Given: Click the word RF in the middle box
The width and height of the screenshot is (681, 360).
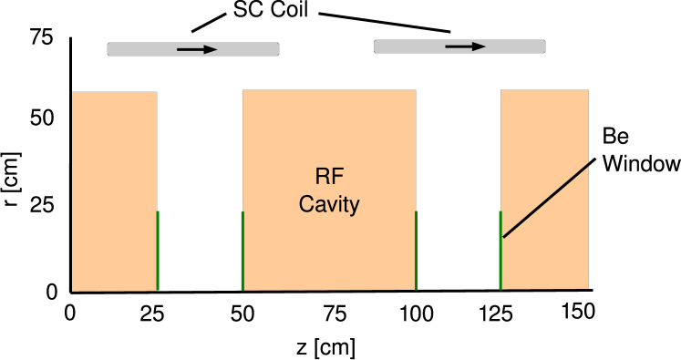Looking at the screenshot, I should pyautogui.click(x=328, y=177).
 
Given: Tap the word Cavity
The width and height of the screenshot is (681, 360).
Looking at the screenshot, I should pyautogui.click(x=329, y=204).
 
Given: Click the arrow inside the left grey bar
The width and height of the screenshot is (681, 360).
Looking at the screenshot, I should pyautogui.click(x=197, y=49).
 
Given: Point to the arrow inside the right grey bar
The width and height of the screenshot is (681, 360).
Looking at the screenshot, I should pyautogui.click(x=465, y=46).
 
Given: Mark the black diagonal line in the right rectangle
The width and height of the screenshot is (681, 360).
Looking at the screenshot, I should pyautogui.click(x=546, y=201).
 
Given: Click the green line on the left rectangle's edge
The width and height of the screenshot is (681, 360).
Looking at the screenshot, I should pyautogui.click(x=158, y=251).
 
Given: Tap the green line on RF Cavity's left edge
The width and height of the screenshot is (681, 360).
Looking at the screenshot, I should pyautogui.click(x=242, y=251).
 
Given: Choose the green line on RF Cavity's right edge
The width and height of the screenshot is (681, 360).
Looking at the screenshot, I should pyautogui.click(x=416, y=251).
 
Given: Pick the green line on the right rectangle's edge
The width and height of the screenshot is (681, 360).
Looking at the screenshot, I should pyautogui.click(x=500, y=251).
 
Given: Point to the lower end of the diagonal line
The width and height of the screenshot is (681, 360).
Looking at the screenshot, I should pyautogui.click(x=504, y=237).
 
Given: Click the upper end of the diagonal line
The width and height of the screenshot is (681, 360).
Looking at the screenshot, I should pyautogui.click(x=588, y=164).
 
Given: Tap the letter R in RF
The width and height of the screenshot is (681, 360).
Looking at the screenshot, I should pyautogui.click(x=321, y=177).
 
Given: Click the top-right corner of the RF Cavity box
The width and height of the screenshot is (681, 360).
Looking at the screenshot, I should pyautogui.click(x=416, y=90).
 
